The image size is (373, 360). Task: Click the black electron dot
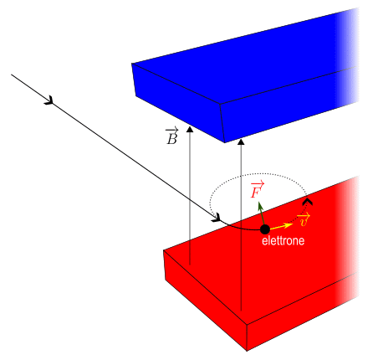[265, 229]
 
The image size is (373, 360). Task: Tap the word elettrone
[283, 240]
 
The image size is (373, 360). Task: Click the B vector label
[171, 136]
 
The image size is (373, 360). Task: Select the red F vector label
[257, 189]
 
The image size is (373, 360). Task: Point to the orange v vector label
[304, 220]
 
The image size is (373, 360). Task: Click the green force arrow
[262, 213]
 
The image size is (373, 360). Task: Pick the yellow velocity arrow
[281, 226]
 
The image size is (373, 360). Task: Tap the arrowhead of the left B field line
[190, 129]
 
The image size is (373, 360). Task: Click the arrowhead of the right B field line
[241, 141]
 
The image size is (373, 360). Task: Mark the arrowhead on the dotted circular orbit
[307, 202]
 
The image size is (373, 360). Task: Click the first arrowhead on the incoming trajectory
[49, 100]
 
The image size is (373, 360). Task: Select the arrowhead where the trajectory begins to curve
[217, 218]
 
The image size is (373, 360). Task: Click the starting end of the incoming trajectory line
[12, 75]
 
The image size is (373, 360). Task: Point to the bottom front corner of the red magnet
[247, 351]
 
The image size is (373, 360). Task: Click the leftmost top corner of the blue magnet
[132, 64]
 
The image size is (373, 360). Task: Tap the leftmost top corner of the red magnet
[164, 250]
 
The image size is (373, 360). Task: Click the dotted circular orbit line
[258, 174]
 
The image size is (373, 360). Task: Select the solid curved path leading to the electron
[242, 229]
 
